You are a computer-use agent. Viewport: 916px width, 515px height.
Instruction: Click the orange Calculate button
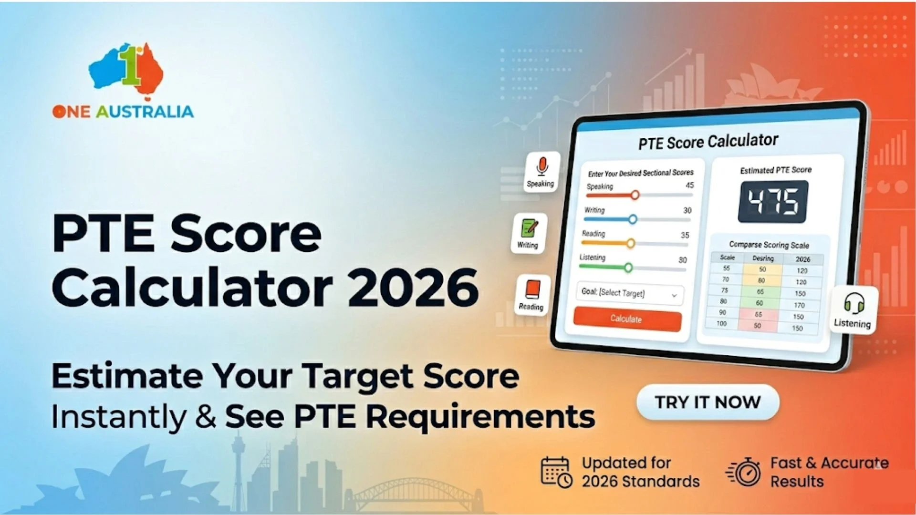(x=627, y=319)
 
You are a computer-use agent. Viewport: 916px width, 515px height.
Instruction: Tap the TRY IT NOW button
(x=708, y=402)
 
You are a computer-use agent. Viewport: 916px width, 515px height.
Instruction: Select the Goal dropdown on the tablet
(x=630, y=294)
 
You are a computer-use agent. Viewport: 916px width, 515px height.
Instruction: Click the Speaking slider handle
(x=635, y=195)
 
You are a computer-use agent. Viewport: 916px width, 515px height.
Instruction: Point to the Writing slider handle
(x=633, y=219)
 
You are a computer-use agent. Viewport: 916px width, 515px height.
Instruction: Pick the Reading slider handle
(x=631, y=244)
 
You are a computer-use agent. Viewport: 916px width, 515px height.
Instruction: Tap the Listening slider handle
(x=628, y=268)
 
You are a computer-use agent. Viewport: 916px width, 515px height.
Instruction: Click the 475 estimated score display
(x=773, y=201)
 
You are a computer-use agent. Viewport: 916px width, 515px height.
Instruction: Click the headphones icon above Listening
(x=854, y=303)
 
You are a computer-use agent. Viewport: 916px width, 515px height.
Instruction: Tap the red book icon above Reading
(x=532, y=289)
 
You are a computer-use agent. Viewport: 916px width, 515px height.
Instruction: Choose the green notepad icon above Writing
(x=529, y=228)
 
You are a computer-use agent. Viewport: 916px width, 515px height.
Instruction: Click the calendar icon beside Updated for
(x=556, y=472)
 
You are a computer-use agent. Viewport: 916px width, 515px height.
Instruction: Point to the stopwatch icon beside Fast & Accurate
(x=745, y=472)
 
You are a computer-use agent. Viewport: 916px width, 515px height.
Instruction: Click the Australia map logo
(x=127, y=69)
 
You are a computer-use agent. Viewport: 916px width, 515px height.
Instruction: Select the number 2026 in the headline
(x=413, y=288)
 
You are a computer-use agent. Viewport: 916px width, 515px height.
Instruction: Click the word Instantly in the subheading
(x=119, y=417)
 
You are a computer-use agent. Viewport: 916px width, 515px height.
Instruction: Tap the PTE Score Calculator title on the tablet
(x=708, y=142)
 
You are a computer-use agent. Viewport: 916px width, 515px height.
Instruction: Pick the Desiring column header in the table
(x=763, y=258)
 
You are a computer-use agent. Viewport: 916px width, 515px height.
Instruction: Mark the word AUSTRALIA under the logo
(x=145, y=112)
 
